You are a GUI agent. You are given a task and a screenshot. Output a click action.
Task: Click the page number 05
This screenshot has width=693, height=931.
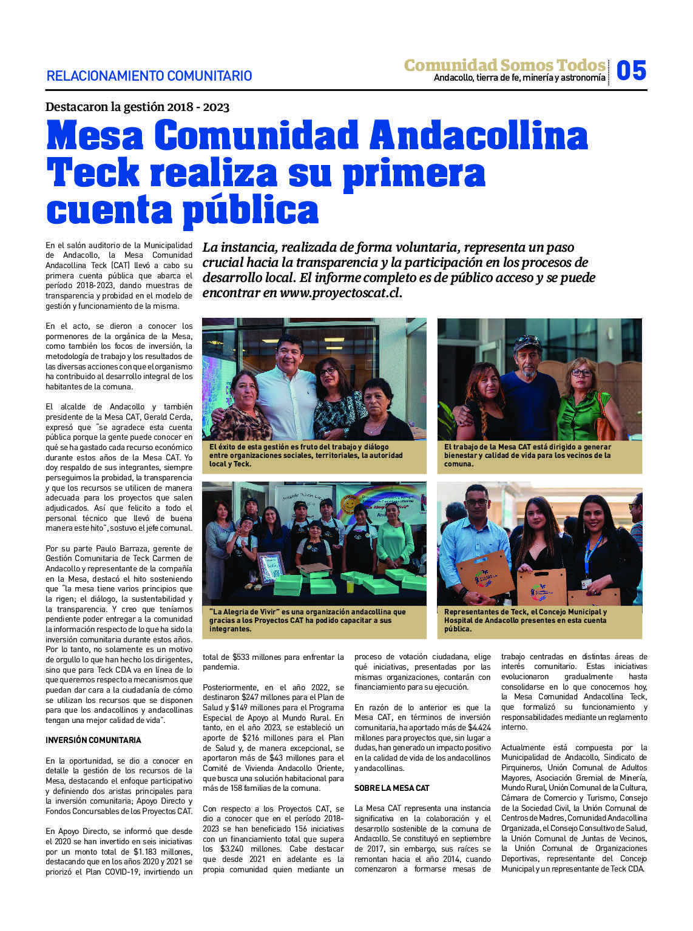click(631, 70)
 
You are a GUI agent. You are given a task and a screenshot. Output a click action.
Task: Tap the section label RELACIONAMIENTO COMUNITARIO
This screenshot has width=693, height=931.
click(149, 76)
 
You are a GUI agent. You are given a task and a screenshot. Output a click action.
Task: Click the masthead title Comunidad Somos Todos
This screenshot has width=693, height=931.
click(504, 65)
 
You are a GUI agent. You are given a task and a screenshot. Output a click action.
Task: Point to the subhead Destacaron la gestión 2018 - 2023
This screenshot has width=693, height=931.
click(137, 107)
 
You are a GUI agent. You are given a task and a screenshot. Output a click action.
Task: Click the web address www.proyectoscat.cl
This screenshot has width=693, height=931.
click(340, 293)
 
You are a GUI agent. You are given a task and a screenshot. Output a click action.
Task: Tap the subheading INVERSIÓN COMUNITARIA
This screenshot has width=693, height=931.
click(93, 740)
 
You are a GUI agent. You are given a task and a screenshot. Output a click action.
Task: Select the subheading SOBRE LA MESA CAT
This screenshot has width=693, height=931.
click(391, 788)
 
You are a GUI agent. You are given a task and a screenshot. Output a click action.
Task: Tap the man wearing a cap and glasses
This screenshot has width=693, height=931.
click(527, 388)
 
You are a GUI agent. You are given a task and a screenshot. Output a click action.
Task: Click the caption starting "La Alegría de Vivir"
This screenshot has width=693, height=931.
click(307, 620)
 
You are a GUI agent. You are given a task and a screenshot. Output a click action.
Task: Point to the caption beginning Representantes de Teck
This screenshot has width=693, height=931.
click(525, 620)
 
